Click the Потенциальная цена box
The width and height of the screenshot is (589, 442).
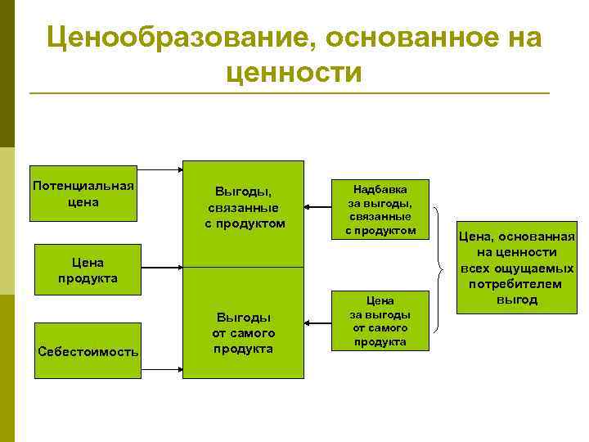83,192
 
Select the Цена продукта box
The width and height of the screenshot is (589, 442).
88,270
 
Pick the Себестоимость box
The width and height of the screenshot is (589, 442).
88,351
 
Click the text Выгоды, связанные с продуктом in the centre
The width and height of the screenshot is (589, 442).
245,208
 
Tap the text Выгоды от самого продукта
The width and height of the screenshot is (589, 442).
244,332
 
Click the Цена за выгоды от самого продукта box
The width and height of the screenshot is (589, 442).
380,320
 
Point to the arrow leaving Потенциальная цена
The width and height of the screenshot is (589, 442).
159,171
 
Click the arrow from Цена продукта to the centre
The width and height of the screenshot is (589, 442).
161,267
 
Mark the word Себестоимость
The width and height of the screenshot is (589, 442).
88,352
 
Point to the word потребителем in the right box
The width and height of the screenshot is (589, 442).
515,284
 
